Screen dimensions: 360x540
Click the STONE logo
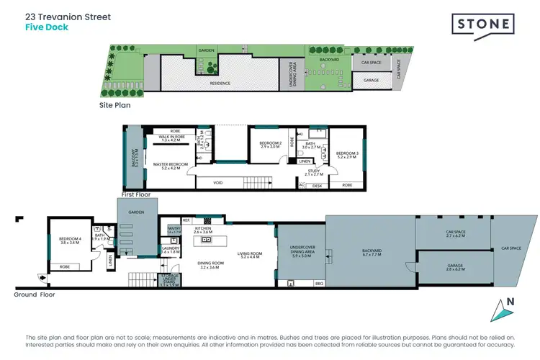pyautogui.click(x=483, y=25)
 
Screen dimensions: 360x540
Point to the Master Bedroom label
pyautogui.click(x=171, y=166)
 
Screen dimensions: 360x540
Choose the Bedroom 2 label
pyautogui.click(x=270, y=144)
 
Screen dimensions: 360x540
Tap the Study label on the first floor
pyautogui.click(x=314, y=171)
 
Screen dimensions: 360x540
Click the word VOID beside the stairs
pyautogui.click(x=218, y=183)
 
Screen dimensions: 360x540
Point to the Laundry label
pyautogui.click(x=170, y=250)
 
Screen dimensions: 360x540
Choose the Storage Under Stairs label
pyautogui.click(x=169, y=279)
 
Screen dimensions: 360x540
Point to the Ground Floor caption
pyautogui.click(x=35, y=294)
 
